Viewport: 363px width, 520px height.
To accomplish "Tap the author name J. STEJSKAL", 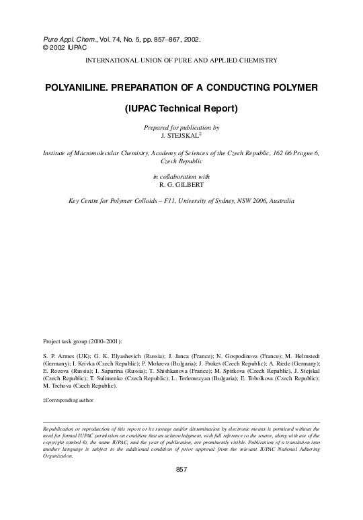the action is click(180, 135).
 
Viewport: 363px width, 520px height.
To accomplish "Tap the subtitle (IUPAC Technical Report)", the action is click(182, 108).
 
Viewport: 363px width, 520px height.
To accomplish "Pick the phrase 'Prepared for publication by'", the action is click(182, 127).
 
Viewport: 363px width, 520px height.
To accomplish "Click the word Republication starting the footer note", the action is click(61, 427).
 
